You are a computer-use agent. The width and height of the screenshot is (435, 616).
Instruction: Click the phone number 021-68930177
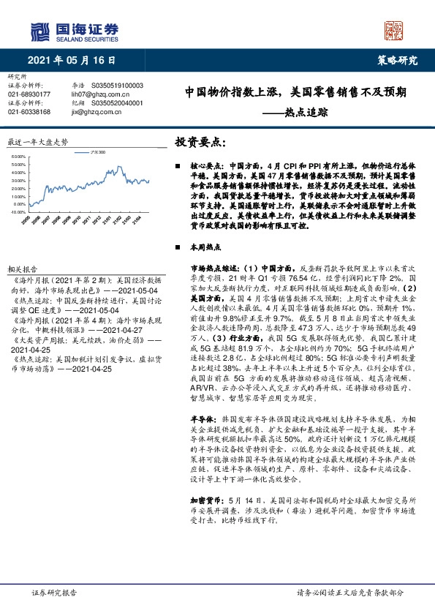pos(29,94)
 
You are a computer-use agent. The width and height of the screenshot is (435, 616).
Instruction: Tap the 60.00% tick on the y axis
pos(20,156)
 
